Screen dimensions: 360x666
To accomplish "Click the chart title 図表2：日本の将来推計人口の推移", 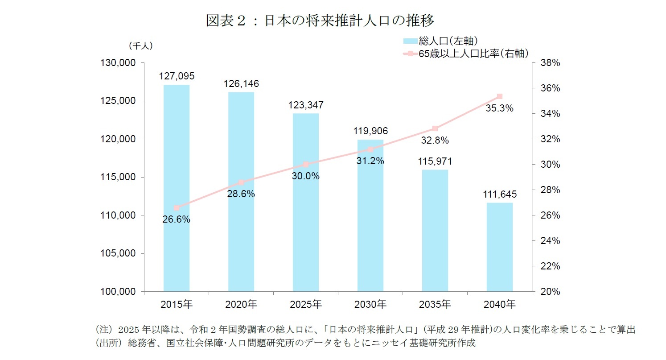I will pyautogui.click(x=320, y=21).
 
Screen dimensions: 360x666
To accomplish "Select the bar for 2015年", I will pyautogui.click(x=177, y=188).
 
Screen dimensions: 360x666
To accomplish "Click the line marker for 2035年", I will pyautogui.click(x=435, y=128).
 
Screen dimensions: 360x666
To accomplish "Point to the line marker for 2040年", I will pyautogui.click(x=499, y=96).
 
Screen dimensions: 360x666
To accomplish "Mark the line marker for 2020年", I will pyautogui.click(x=241, y=182).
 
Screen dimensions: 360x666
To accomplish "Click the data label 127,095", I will pyautogui.click(x=177, y=76).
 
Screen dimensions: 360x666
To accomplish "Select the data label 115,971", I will pyautogui.click(x=435, y=161).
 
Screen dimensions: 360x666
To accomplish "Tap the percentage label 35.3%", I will pyautogui.click(x=499, y=108).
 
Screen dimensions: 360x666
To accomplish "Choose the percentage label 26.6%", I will pyautogui.click(x=177, y=219).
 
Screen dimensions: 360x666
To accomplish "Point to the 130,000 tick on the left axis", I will pyautogui.click(x=119, y=63).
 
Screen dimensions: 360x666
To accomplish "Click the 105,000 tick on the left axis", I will pyautogui.click(x=119, y=253).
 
